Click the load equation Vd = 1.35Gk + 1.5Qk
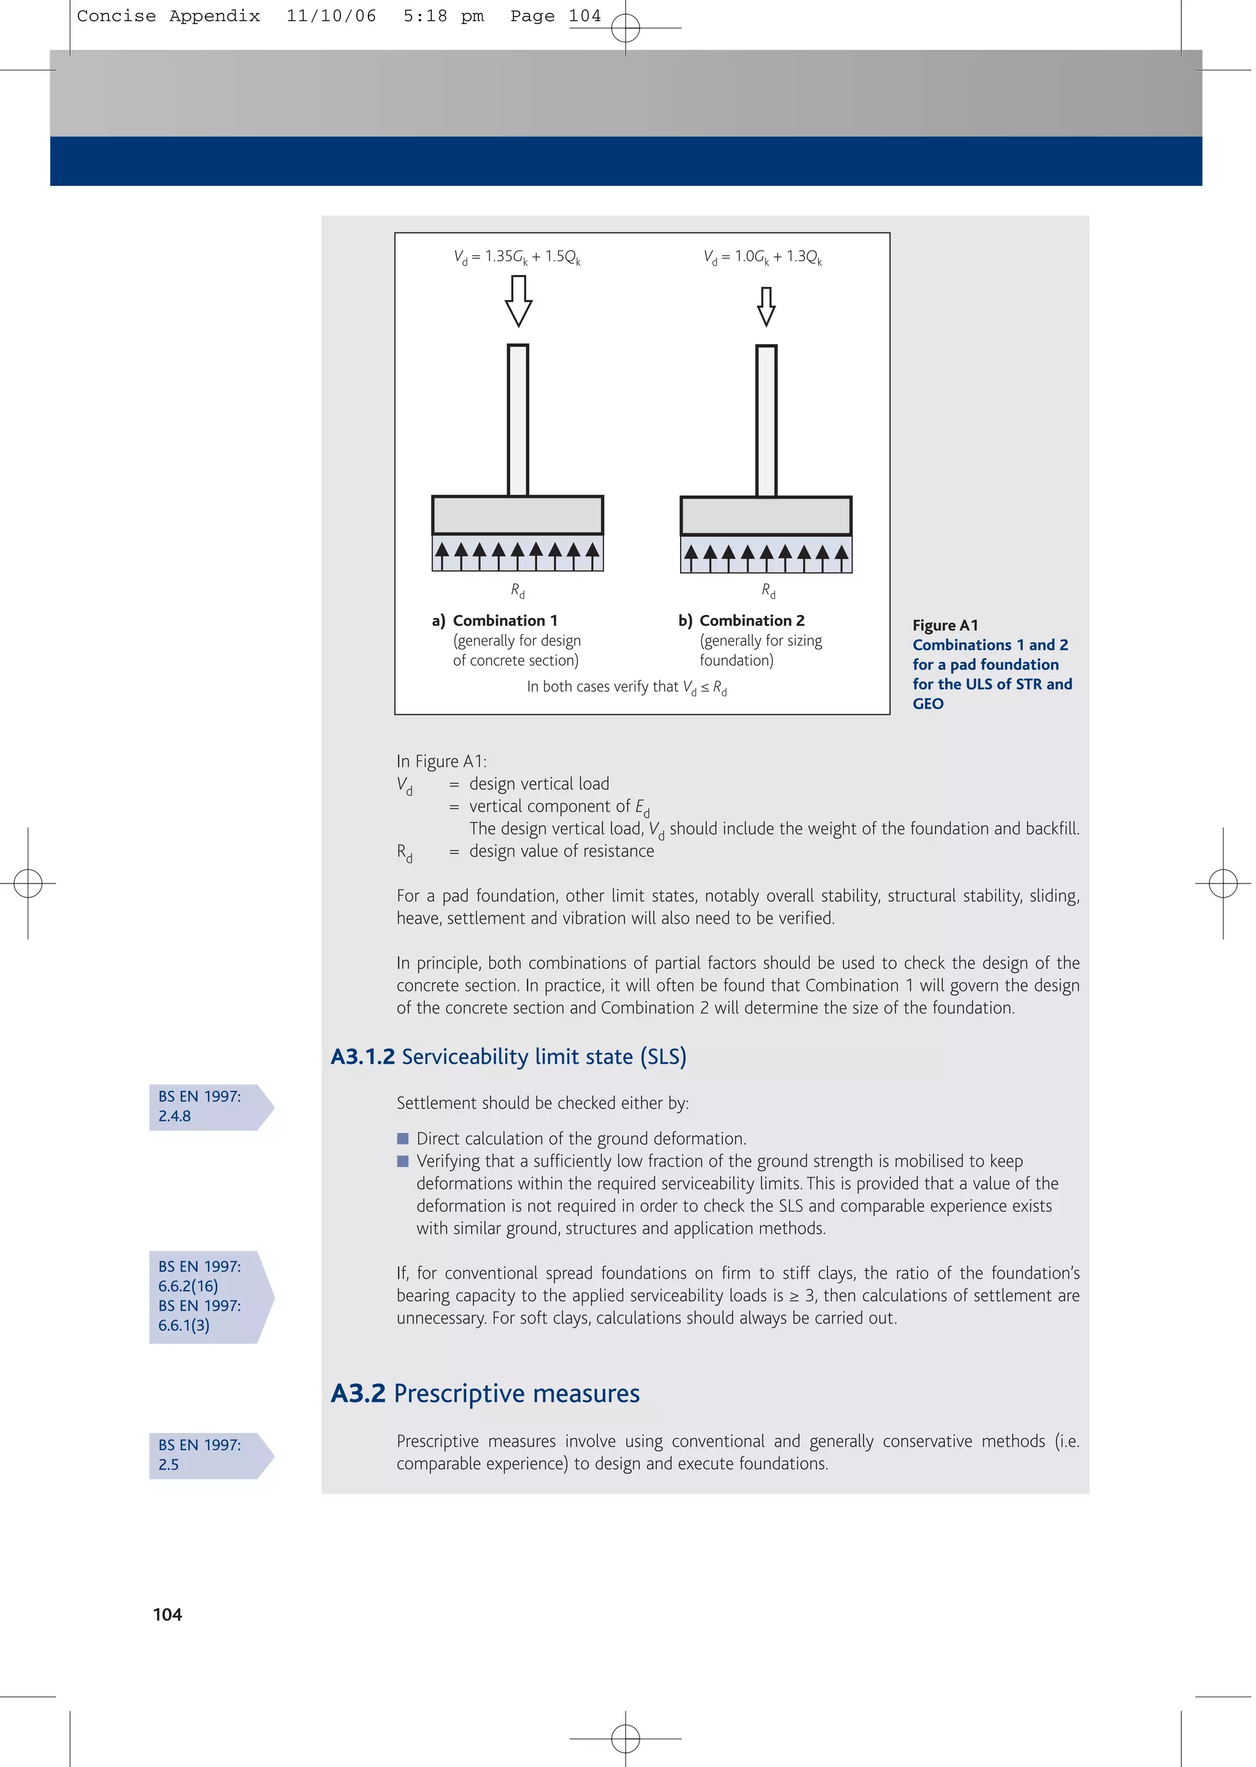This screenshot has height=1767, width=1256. click(516, 257)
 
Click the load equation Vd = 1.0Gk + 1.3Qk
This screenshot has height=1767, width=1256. click(762, 257)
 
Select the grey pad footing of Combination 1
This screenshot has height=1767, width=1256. click(518, 515)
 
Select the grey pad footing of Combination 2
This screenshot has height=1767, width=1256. click(765, 516)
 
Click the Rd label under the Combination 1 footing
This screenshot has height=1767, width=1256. click(518, 590)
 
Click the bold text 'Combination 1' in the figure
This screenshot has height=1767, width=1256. click(504, 620)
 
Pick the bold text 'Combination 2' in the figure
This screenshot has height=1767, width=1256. click(751, 620)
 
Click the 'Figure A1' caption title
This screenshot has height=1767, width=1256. click(944, 625)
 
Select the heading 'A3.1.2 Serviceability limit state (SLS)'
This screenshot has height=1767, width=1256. click(508, 1056)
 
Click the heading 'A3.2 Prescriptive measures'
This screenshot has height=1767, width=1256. click(485, 1393)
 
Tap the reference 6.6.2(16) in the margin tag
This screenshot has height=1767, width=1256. click(188, 1286)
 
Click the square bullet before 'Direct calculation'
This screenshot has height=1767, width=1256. click(402, 1139)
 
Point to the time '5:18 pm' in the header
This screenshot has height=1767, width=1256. click(443, 16)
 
